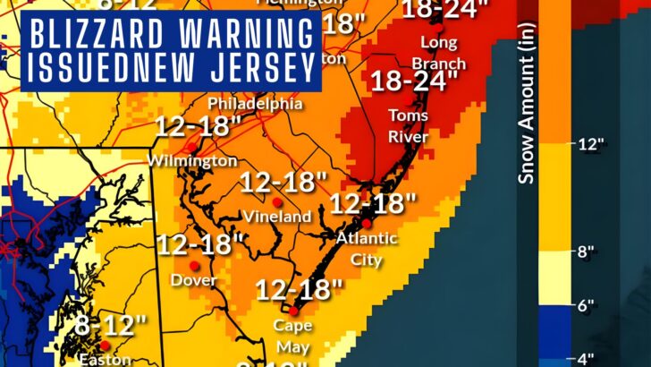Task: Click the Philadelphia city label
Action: coord(255,104)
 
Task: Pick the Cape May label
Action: coord(292,333)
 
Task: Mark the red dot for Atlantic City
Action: coord(366,223)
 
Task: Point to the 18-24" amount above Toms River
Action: coord(414,82)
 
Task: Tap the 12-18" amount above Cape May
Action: coord(300,290)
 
